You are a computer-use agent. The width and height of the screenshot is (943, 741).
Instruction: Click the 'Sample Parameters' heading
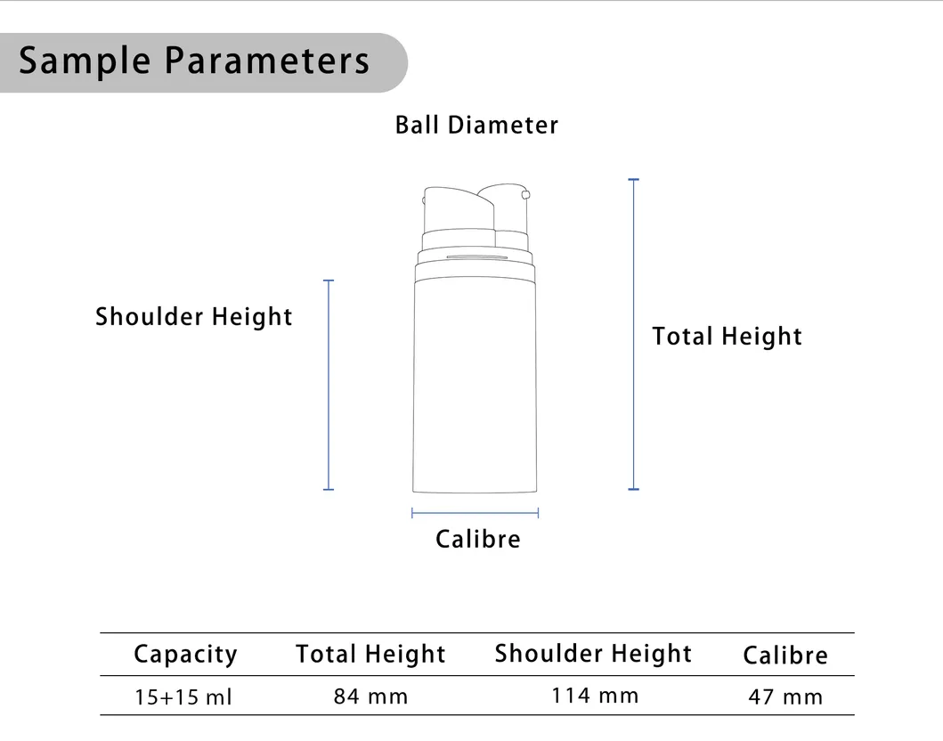[194, 61]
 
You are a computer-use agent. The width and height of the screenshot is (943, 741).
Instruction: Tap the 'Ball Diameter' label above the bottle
[476, 125]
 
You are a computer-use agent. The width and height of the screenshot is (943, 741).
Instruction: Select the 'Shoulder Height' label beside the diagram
[194, 317]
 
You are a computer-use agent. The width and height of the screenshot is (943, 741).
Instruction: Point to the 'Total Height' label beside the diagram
[727, 337]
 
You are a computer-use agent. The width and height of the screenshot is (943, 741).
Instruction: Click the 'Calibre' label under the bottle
[477, 539]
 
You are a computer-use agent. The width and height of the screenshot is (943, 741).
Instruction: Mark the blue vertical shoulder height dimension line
[329, 385]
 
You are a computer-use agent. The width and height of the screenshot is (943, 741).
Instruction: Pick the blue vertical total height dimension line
[634, 334]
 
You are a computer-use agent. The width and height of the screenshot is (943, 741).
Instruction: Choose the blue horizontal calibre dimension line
[476, 513]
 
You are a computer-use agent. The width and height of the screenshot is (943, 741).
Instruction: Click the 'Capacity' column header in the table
[185, 655]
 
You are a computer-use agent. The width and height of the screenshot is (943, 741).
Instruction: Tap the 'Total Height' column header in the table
[370, 655]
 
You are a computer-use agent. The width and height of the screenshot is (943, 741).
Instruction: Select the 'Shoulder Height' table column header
[593, 654]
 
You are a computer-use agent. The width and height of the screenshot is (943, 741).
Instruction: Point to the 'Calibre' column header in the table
[784, 655]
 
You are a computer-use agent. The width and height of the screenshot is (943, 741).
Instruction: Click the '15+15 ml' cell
[183, 697]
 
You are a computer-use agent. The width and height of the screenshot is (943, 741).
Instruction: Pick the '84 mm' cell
[371, 696]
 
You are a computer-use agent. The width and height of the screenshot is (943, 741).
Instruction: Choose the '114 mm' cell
[595, 695]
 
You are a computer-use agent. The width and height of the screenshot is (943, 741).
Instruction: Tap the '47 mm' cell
[785, 697]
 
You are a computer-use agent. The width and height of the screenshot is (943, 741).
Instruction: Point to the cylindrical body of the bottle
[476, 383]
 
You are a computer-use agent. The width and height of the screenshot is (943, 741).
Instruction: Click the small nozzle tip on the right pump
[526, 194]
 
